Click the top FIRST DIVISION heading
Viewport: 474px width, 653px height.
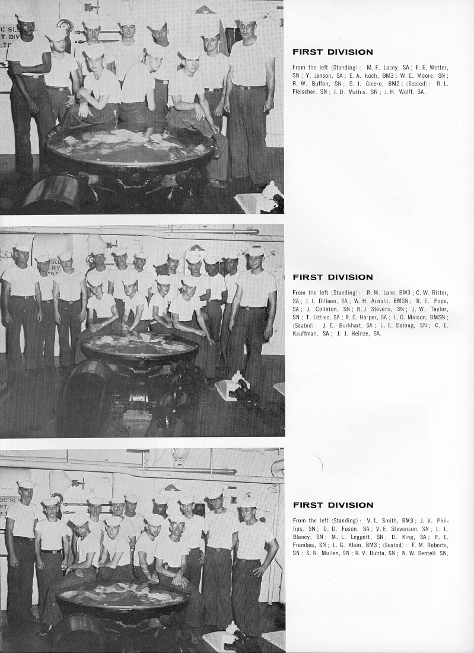tap(333, 52)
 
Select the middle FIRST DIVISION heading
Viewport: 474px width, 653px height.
tap(333, 277)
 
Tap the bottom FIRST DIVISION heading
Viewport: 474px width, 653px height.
tap(333, 505)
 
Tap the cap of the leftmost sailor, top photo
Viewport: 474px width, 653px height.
tap(26, 18)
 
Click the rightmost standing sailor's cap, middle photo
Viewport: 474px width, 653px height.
tap(256, 251)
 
